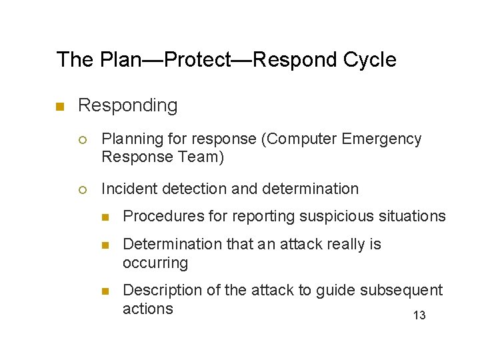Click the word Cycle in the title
369,60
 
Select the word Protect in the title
197,60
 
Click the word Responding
128,105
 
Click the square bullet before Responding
59,107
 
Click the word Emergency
381,139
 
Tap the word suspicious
323,216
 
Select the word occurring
155,263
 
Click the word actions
148,309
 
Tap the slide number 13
419,315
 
